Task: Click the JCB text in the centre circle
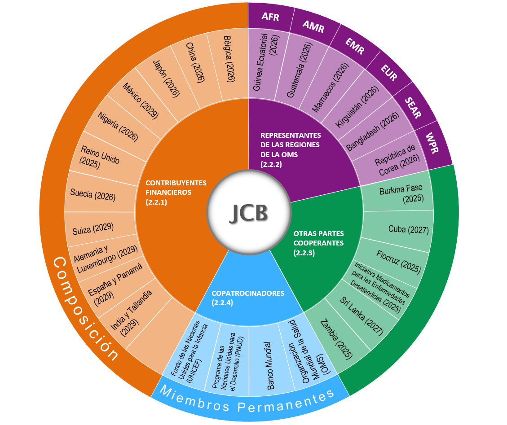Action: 248,212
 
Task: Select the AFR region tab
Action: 270,18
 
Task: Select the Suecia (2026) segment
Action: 93,195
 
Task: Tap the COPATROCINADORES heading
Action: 247,294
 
